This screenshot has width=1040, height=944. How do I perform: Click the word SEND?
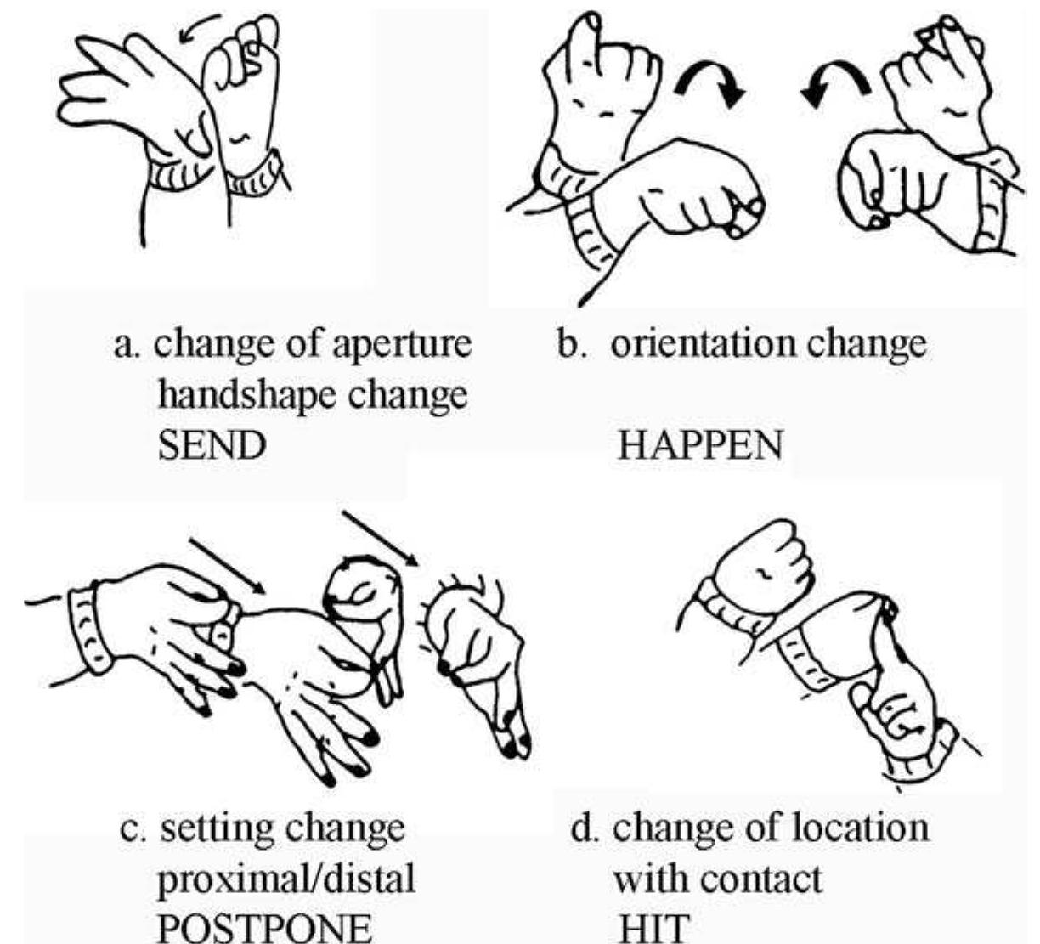[212, 446]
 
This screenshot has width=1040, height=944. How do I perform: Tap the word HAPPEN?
[698, 446]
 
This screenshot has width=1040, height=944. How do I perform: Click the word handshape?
[246, 395]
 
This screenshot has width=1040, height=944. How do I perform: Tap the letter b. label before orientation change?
[568, 345]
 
